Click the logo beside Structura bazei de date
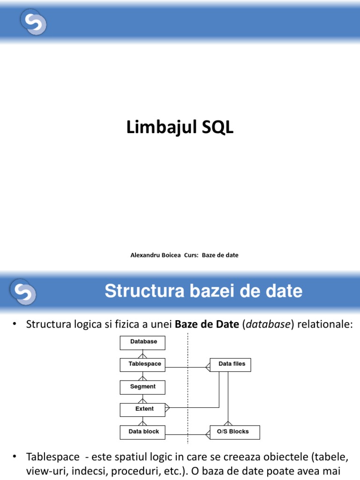[x=23, y=292]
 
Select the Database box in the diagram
[x=143, y=342]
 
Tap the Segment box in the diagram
[x=143, y=387]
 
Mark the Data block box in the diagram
[x=144, y=432]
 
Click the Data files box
[x=232, y=364]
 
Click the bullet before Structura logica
[x=15, y=324]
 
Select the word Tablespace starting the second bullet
[x=52, y=457]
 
